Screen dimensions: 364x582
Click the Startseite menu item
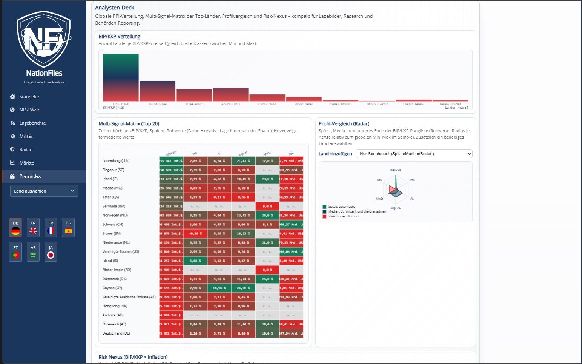point(29,97)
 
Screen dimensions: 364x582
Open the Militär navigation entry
point(26,136)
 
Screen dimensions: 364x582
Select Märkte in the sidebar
point(26,163)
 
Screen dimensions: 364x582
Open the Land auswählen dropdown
point(44,191)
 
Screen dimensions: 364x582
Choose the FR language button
point(51,228)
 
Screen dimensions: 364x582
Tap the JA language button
point(51,252)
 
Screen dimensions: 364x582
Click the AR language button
point(33,252)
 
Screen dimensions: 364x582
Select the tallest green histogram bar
point(121,77)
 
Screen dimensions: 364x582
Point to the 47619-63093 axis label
point(230,104)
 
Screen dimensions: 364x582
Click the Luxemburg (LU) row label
point(115,161)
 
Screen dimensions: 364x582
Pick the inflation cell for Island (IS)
point(195,261)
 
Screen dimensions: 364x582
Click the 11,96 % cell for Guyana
point(219,288)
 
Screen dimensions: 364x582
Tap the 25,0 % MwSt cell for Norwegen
point(267,215)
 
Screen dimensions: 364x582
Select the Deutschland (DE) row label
point(116,333)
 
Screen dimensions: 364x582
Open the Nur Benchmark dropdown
point(414,154)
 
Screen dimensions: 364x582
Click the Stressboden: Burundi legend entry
point(343,216)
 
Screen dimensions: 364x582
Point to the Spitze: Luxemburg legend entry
point(341,207)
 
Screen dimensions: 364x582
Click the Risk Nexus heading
point(133,357)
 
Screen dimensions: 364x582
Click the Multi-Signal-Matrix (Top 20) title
point(129,124)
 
